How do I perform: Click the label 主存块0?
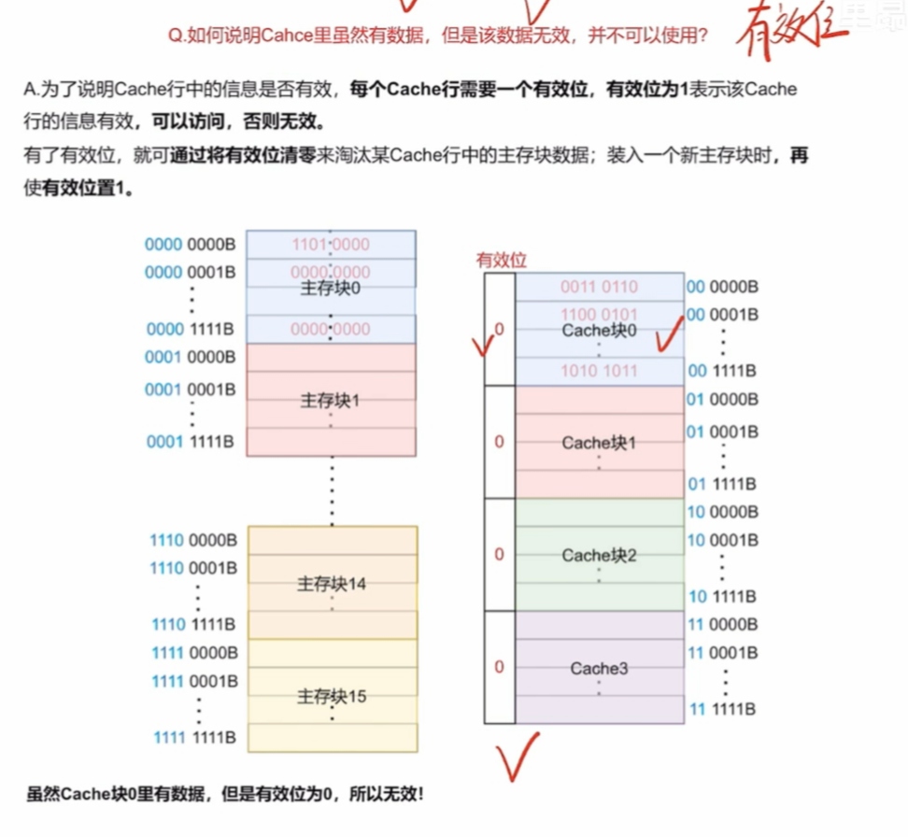331,289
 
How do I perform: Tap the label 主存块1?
331,401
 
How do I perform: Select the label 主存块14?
332,584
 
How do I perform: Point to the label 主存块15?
332,696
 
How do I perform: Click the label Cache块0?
599,330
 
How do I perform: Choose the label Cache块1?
599,442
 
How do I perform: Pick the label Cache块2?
599,555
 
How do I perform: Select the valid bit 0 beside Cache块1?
499,442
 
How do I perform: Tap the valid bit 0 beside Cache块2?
499,555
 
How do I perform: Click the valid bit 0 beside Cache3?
499,667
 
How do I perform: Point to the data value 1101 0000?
331,245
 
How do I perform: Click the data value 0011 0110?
599,287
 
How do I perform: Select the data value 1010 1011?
599,371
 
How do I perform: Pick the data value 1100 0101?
599,314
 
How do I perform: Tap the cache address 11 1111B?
722,710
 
